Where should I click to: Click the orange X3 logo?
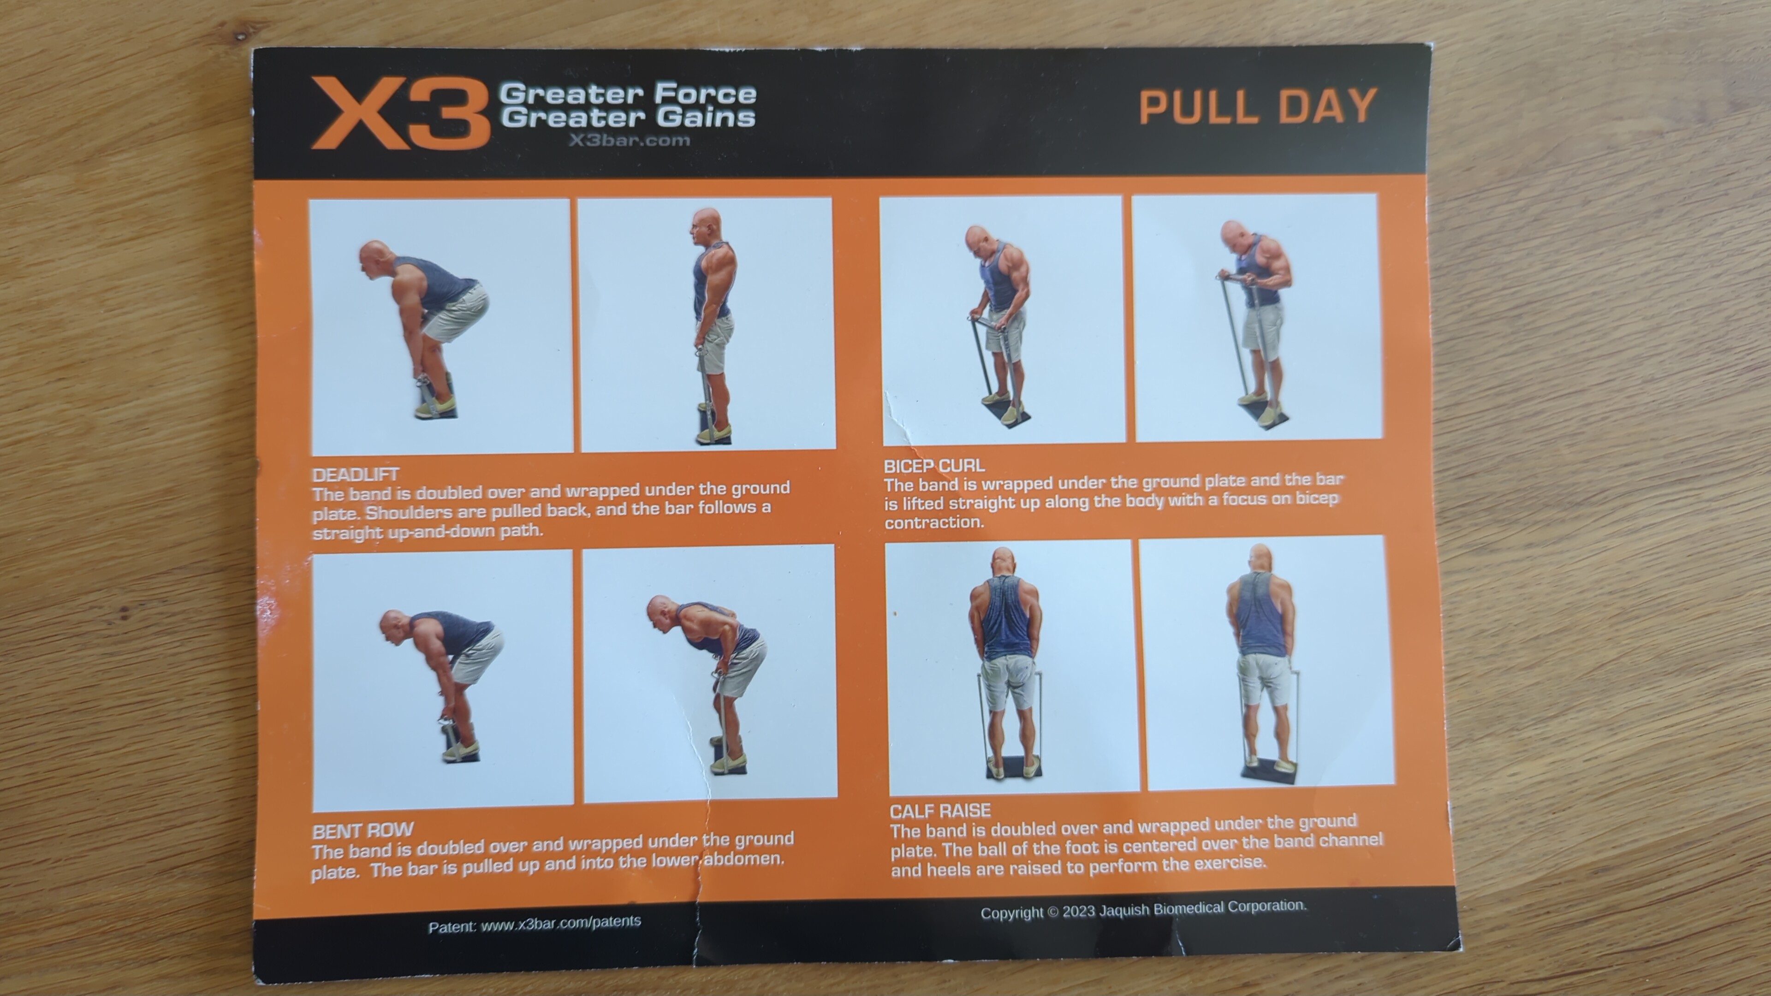click(x=400, y=113)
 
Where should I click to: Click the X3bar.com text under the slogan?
click(x=629, y=140)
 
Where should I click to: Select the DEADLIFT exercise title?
click(x=356, y=474)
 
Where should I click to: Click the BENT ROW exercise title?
click(x=363, y=831)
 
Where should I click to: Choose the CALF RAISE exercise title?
click(x=940, y=811)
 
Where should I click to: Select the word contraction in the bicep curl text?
click(x=933, y=522)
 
